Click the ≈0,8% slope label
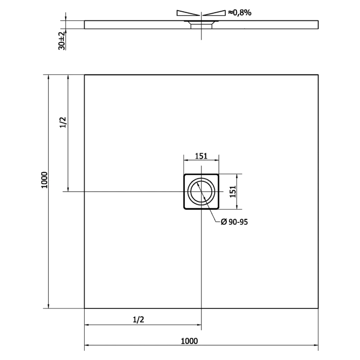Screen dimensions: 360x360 (x=240, y=13)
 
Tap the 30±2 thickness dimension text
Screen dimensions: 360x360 (x=62, y=41)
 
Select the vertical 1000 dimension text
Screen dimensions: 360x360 (x=44, y=180)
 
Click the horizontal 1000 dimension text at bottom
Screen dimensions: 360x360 (x=189, y=341)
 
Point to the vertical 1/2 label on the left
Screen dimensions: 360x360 (x=63, y=123)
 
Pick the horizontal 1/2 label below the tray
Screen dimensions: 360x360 (x=139, y=319)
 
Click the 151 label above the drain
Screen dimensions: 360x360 (x=201, y=156)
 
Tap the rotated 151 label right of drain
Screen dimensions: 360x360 (x=233, y=192)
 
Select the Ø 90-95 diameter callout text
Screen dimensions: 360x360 (x=234, y=222)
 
